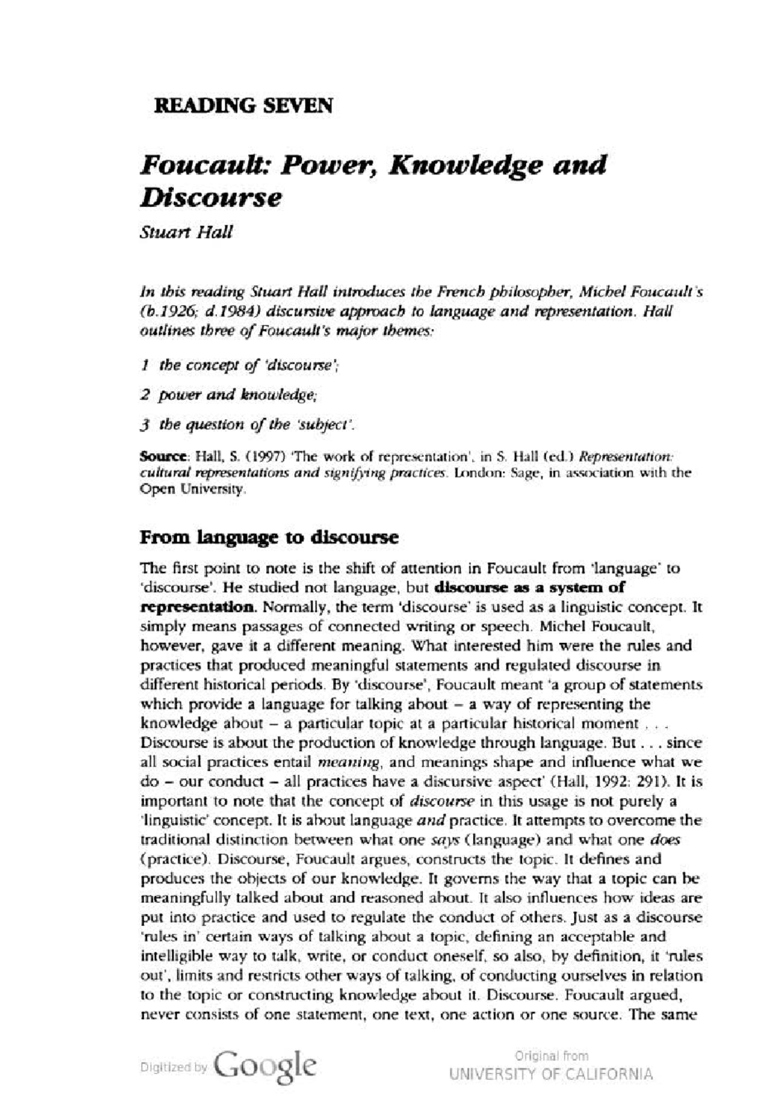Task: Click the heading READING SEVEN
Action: (243, 105)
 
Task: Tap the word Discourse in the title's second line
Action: (211, 198)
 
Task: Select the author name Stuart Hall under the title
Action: (186, 234)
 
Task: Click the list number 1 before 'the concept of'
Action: (144, 366)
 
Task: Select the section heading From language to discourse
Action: (269, 538)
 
